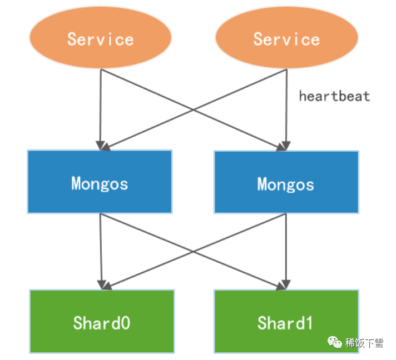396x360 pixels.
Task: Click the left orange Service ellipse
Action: (x=100, y=38)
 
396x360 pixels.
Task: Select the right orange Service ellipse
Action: (x=286, y=38)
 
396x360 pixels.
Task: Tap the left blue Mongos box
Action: (x=100, y=182)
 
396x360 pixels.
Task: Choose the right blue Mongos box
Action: (x=286, y=182)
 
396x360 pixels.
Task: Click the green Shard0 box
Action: (x=102, y=321)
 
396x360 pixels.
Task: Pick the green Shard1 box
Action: (x=286, y=321)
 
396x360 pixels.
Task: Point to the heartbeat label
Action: (x=334, y=96)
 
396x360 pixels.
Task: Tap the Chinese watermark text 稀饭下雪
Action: (x=364, y=343)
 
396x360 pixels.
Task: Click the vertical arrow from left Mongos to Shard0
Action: (x=101, y=250)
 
